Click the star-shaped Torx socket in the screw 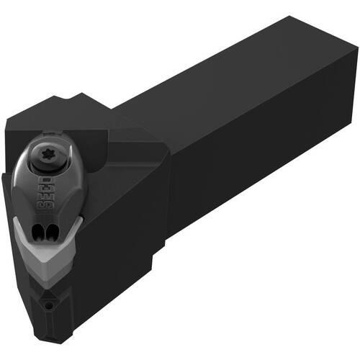click(46, 154)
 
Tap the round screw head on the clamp click(47, 155)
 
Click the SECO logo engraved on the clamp click(45, 193)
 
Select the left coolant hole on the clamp click(36, 232)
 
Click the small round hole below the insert click(49, 305)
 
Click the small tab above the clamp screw click(51, 133)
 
